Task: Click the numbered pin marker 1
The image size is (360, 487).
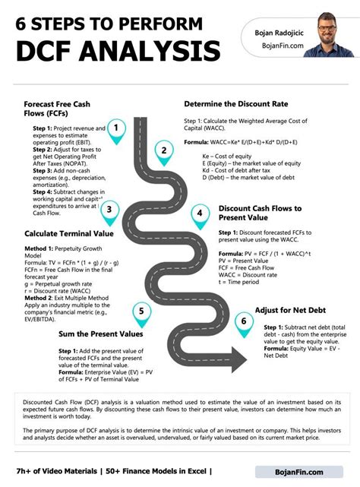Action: coord(116,129)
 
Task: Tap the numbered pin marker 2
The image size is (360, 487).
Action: coord(163,151)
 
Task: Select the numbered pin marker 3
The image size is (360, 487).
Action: coord(109,210)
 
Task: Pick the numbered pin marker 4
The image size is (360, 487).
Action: coord(199,215)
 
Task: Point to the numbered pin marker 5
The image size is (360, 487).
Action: coord(141,311)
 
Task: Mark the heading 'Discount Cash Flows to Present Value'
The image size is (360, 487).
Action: coord(260,213)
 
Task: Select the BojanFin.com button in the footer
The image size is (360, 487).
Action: coord(298,472)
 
